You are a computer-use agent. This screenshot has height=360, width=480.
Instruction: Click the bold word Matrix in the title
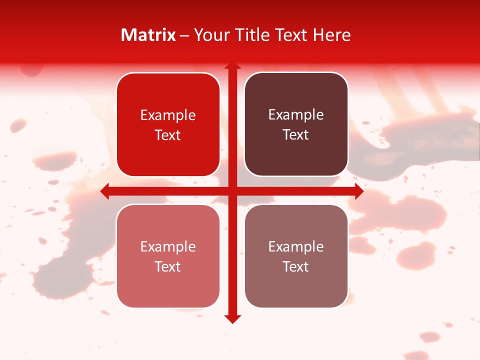[x=148, y=35]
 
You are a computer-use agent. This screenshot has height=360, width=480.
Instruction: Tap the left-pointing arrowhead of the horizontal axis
[x=105, y=191]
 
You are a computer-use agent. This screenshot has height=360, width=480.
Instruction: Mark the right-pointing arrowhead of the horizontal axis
[x=358, y=191]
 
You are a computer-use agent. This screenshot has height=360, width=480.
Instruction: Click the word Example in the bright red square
[x=168, y=115]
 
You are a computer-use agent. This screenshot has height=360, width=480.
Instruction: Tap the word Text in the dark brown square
[x=296, y=135]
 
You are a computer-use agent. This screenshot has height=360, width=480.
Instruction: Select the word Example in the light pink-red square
[x=168, y=247]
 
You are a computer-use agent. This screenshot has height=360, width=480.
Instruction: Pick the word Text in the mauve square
[x=296, y=266]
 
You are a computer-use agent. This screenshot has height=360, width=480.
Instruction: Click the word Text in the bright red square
[x=168, y=135]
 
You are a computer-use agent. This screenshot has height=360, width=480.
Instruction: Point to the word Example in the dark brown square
[x=296, y=115]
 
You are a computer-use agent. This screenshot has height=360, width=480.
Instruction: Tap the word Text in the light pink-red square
[x=168, y=266]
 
